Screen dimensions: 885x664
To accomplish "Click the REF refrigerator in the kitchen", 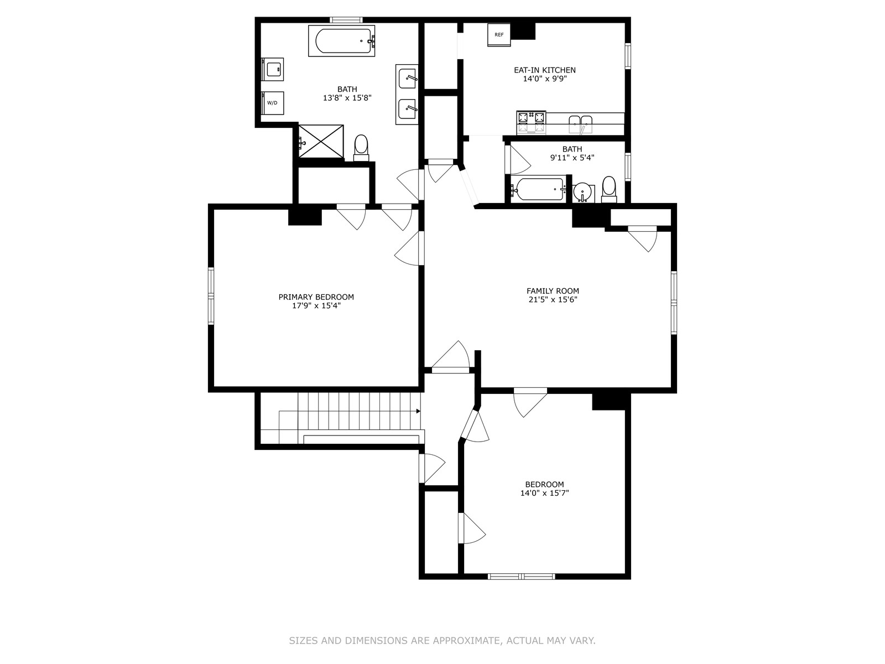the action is (x=499, y=35).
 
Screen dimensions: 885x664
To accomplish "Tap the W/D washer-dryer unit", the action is (x=273, y=103).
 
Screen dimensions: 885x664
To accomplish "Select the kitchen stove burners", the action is (x=531, y=122).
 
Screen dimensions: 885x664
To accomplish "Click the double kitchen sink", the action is (x=581, y=124).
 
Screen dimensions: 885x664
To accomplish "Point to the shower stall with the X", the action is (x=321, y=141).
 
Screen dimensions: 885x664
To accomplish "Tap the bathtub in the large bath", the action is (x=342, y=41).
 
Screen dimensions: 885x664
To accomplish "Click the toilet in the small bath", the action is (x=609, y=189).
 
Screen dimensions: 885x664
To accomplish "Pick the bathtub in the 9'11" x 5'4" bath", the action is (x=538, y=189).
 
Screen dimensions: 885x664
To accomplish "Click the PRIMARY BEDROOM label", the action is (x=316, y=297).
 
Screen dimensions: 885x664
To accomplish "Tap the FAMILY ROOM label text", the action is (x=553, y=290).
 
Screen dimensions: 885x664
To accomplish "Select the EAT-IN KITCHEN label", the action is (x=545, y=70).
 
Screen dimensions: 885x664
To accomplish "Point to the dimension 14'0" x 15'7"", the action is (x=544, y=492).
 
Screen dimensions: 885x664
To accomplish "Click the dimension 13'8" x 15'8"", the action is (x=347, y=97).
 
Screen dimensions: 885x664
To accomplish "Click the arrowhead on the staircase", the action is (x=418, y=411).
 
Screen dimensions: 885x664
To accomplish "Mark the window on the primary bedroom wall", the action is (x=211, y=296).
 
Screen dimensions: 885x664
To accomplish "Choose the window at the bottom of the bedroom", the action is (x=522, y=577).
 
